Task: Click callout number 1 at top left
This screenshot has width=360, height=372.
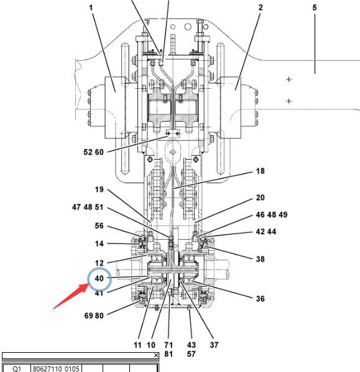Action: click(91, 8)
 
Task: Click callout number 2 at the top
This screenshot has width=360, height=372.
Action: click(261, 7)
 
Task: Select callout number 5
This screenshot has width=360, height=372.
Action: click(315, 7)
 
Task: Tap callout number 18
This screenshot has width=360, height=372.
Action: click(261, 171)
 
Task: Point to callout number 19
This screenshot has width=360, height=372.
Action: click(99, 189)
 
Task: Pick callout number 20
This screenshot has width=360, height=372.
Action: click(261, 197)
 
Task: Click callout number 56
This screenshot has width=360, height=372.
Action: click(99, 226)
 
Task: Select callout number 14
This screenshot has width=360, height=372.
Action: click(99, 244)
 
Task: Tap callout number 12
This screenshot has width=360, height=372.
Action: click(99, 263)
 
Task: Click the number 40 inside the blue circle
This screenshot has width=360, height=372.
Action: click(99, 278)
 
